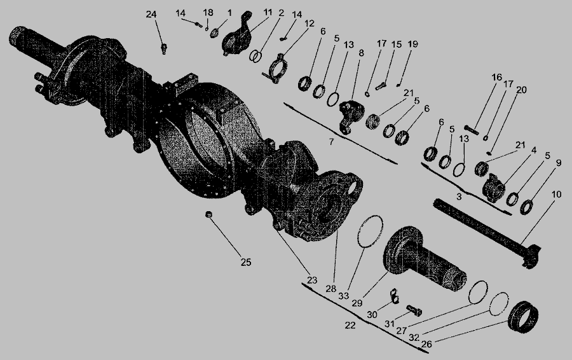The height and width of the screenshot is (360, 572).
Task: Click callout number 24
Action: [x=151, y=15]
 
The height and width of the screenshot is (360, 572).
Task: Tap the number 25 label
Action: [x=246, y=262]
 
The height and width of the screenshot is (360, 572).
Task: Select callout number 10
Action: [x=556, y=195]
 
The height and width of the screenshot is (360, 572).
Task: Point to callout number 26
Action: [x=426, y=343]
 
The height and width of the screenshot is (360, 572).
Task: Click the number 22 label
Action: [x=350, y=325]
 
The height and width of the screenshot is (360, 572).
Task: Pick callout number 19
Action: [x=412, y=44]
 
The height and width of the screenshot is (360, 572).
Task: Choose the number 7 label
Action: [x=331, y=141]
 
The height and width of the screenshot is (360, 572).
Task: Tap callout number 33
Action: [x=343, y=296]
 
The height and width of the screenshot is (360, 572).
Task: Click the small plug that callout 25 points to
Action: [x=208, y=214]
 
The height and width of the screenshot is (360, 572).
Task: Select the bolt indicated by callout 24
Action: [x=164, y=49]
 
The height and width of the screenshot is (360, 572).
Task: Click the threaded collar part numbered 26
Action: [x=524, y=317]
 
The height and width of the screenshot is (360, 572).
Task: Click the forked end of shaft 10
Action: [x=531, y=257]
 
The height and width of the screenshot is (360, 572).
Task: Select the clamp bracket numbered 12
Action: [x=277, y=68]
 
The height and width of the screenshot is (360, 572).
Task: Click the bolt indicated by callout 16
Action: [x=472, y=130]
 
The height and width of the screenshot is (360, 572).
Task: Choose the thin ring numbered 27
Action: [x=478, y=292]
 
